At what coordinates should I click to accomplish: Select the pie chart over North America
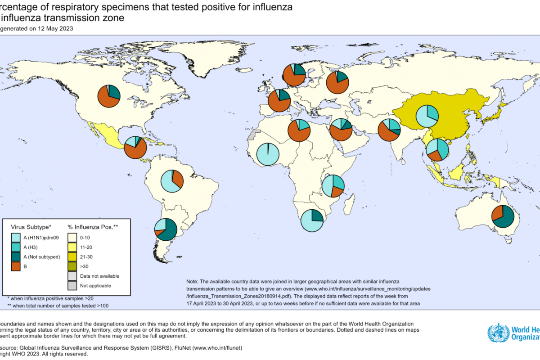tap(109, 95)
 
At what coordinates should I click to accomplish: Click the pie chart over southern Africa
tap(312, 220)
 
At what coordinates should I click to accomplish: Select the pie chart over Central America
tap(135, 147)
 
